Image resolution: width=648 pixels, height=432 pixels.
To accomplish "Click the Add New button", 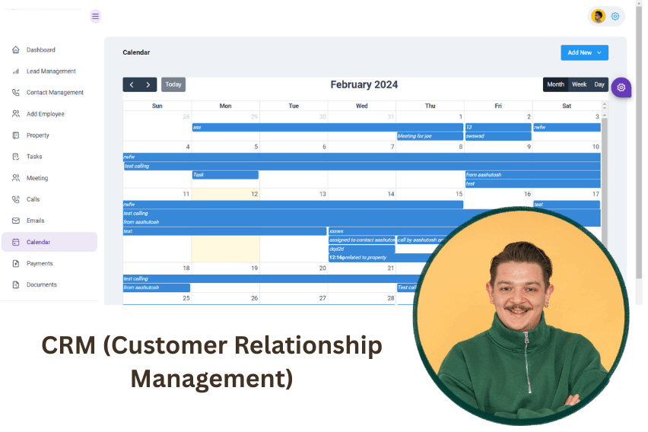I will tap(584, 52).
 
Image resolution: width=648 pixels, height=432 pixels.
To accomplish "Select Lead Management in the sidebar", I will tap(51, 71).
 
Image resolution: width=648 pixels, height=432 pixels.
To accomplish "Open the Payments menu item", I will tap(40, 264).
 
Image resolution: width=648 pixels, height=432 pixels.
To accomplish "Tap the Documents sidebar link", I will tap(42, 285).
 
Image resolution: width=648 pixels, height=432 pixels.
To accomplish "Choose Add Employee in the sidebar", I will tap(46, 114).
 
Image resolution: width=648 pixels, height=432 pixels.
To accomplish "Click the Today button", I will tap(173, 84).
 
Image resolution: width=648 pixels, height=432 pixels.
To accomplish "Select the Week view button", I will tap(579, 84).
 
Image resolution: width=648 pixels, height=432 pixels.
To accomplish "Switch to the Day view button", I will tap(599, 84).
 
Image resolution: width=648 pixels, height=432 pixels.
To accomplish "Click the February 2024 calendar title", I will tap(364, 84).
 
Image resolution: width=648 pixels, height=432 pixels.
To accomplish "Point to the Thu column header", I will tap(430, 106).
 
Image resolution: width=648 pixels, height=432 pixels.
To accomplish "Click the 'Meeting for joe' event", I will tap(430, 136).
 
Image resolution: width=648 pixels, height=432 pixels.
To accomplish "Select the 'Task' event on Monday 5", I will tap(225, 175).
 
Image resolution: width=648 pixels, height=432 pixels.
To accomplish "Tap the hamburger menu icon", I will tap(95, 16).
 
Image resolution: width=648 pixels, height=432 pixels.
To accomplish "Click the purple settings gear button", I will tap(621, 87).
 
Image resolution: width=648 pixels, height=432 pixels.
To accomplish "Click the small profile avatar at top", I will tap(599, 16).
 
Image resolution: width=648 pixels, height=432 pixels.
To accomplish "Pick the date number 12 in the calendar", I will tap(254, 195).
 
